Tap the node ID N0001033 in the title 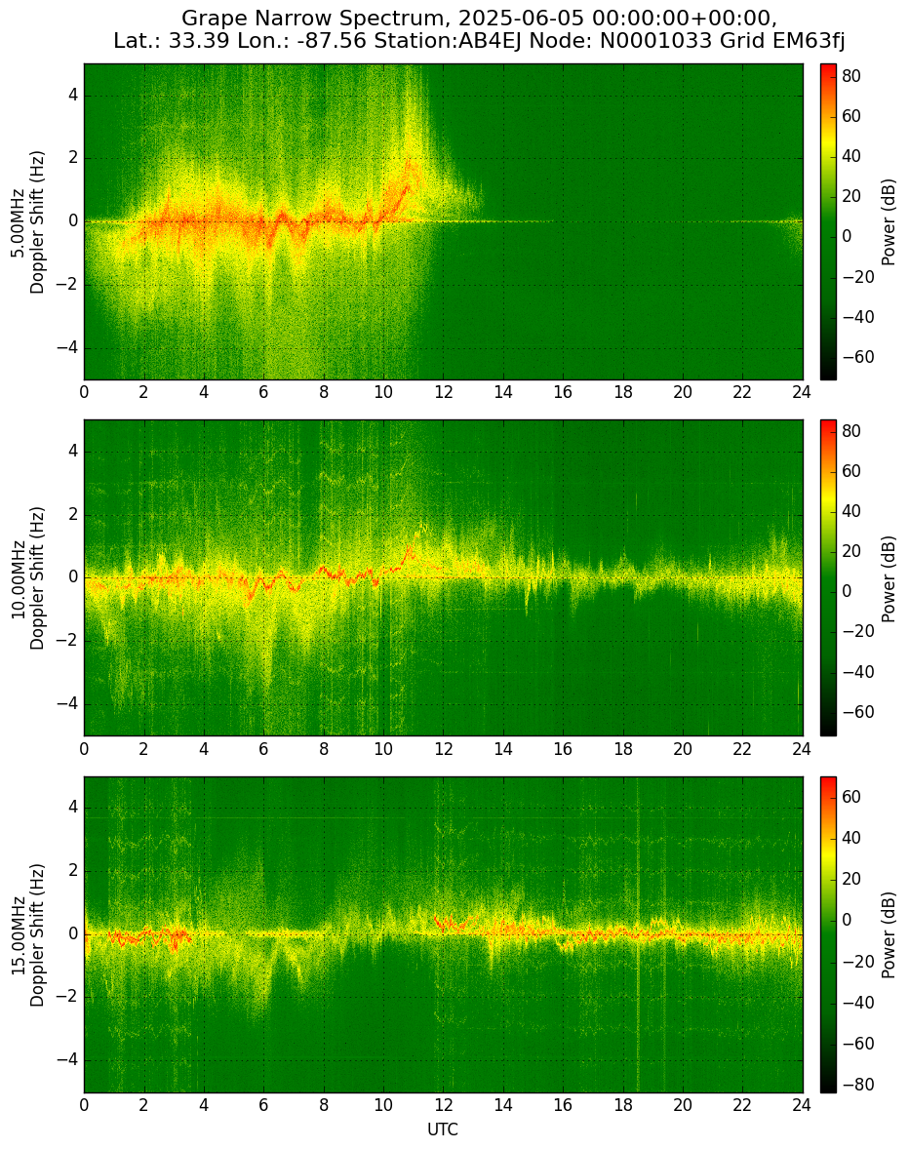coord(654,40)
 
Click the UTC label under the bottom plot coord(443,1129)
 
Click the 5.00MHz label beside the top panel coord(17,222)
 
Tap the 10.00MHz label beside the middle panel coord(17,578)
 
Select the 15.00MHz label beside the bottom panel coord(17,934)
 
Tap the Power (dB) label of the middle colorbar coord(889,579)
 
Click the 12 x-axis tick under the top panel coord(443,392)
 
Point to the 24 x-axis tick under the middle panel coord(802,748)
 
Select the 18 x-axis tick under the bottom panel coord(622,1105)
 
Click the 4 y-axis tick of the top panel coord(74,96)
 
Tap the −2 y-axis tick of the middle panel coord(69,641)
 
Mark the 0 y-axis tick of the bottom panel coord(74,934)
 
